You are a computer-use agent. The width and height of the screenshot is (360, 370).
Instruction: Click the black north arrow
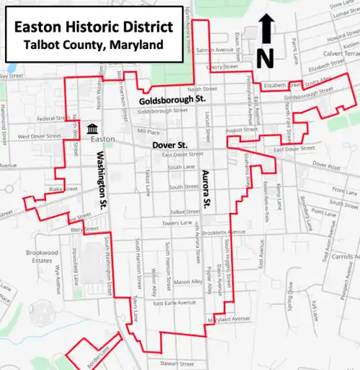pyautogui.click(x=264, y=28)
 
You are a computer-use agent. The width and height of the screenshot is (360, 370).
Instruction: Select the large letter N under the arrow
pyautogui.click(x=264, y=58)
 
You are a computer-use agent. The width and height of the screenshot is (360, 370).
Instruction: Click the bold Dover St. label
pyautogui.click(x=170, y=145)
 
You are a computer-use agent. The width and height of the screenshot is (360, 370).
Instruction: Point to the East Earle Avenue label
pyautogui.click(x=174, y=303)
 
